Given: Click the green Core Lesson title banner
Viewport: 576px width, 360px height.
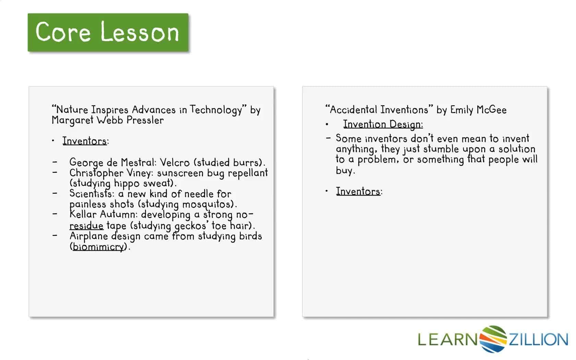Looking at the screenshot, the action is click(x=108, y=32).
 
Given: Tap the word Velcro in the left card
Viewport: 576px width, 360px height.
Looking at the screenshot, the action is click(x=175, y=163).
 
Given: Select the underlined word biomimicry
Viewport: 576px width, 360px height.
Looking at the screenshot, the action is click(x=98, y=247).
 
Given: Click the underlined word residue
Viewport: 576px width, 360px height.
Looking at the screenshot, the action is click(x=86, y=226).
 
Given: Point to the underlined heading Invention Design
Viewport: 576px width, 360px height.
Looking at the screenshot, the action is click(x=383, y=125).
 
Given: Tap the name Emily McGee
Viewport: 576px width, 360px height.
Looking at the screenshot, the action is click(x=478, y=110).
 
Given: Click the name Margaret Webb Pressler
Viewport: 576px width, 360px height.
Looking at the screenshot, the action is click(x=108, y=120).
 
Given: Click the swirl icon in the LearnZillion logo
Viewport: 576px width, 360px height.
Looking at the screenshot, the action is click(x=493, y=339).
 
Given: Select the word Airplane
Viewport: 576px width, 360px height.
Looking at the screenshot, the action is click(x=89, y=236).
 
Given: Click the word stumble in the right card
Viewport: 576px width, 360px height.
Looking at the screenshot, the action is click(x=441, y=149).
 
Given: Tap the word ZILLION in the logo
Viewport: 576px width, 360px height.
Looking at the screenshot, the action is click(x=538, y=339).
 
